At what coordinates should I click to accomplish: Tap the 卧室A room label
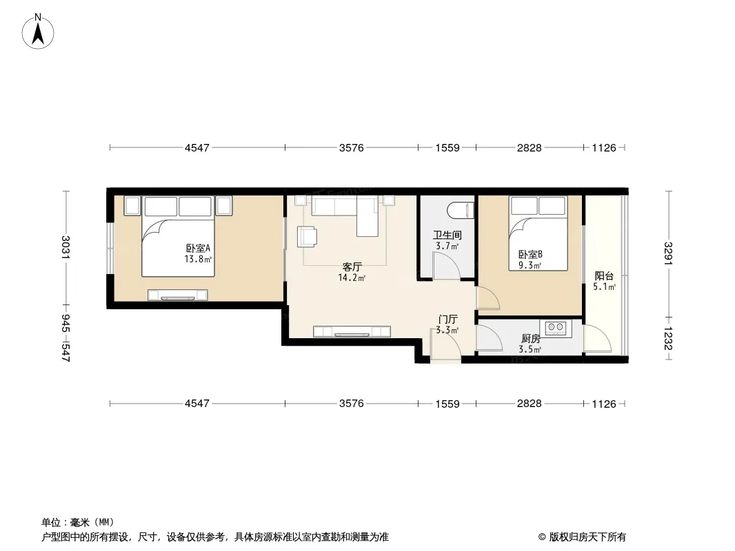[x=198, y=248]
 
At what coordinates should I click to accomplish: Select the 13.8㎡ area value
[x=198, y=259]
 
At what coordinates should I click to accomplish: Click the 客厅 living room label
[x=352, y=267]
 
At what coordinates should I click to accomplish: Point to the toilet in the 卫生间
[x=461, y=210]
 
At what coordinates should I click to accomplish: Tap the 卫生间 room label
[x=447, y=235]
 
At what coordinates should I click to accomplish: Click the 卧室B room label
[x=530, y=255]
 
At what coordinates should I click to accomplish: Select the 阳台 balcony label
[x=604, y=276]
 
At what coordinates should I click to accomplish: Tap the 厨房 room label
[x=530, y=338]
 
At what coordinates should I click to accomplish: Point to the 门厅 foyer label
[x=447, y=320]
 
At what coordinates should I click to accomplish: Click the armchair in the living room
[x=307, y=236]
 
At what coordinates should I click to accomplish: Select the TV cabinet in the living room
[x=352, y=331]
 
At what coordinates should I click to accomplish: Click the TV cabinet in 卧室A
[x=178, y=295]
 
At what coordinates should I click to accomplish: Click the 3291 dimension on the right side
[x=668, y=253]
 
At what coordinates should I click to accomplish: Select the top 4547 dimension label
[x=197, y=148]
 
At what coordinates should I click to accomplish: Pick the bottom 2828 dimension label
[x=530, y=404]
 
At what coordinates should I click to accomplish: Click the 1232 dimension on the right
[x=668, y=338]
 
